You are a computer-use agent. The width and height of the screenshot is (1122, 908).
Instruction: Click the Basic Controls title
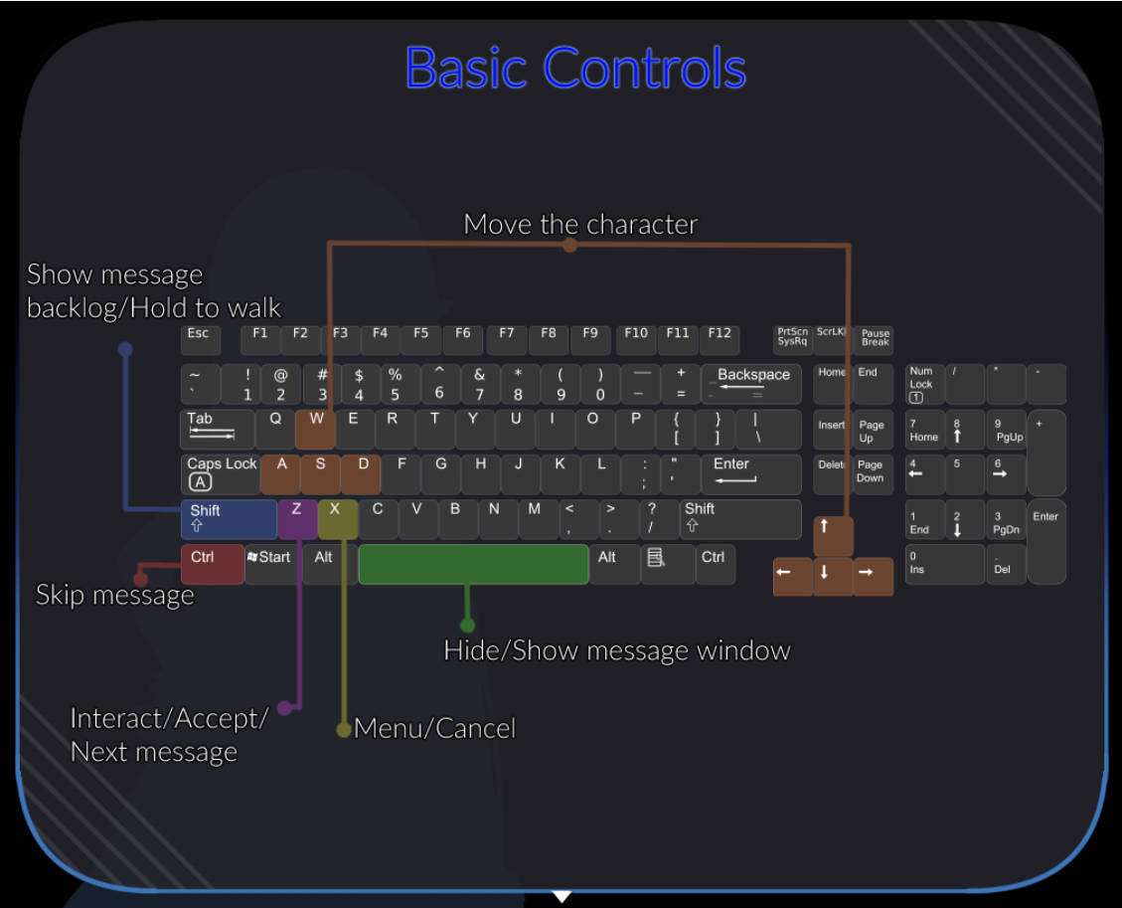(x=575, y=68)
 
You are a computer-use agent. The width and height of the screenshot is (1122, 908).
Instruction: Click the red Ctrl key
(x=212, y=564)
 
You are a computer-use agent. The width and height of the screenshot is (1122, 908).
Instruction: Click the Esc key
(x=200, y=339)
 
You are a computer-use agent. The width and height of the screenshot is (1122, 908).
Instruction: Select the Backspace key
(x=751, y=384)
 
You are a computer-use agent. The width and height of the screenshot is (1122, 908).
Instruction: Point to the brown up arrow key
(x=833, y=536)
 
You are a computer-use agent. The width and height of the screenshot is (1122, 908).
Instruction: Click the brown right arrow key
(x=873, y=576)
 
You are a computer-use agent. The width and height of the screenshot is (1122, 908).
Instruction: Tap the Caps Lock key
(x=221, y=474)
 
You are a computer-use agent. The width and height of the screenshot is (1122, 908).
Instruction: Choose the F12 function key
(x=720, y=339)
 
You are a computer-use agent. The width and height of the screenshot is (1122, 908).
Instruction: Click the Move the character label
(x=580, y=224)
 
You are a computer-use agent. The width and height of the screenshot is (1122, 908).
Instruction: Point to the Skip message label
(x=114, y=595)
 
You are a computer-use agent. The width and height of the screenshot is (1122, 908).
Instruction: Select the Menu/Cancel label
(x=434, y=728)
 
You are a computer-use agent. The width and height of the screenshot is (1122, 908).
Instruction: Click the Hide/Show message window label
(x=616, y=650)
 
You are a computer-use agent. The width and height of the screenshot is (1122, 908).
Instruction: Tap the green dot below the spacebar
(x=467, y=626)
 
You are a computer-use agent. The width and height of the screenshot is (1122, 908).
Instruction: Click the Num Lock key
(x=924, y=384)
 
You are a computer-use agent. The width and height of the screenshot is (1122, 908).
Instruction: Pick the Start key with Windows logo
(x=270, y=564)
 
